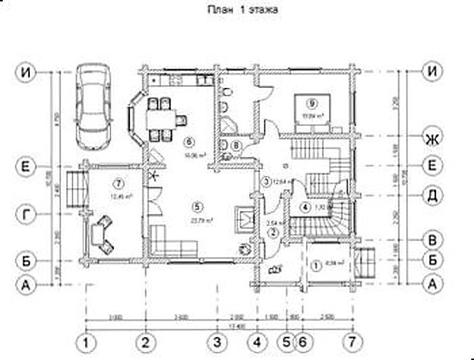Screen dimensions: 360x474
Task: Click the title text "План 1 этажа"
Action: coord(241,10)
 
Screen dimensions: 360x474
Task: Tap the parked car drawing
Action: coord(95,107)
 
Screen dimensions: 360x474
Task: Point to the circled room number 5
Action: coord(197,207)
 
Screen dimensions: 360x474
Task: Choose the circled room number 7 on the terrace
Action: coord(119,181)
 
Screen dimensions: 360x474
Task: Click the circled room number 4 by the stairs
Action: coord(305,207)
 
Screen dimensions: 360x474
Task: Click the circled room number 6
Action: coord(188,142)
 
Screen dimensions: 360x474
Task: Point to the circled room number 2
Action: coord(273,233)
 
